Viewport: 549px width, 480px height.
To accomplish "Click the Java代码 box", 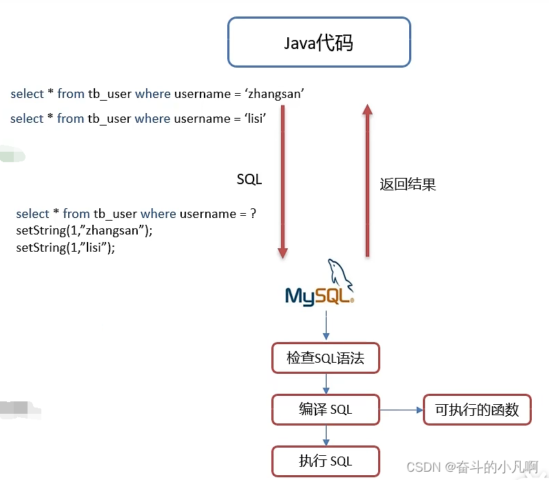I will tap(319, 43).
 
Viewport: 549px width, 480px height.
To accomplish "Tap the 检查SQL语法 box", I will tap(325, 359).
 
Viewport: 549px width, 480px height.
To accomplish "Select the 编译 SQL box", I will tap(325, 410).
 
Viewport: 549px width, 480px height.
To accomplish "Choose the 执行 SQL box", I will tap(325, 461).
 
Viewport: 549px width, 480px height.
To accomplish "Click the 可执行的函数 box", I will tap(477, 410).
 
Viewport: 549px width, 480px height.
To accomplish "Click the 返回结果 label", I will tap(408, 185).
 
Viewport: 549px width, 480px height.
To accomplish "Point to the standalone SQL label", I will tap(249, 179).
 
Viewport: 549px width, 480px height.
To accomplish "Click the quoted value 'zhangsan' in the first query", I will tap(275, 94).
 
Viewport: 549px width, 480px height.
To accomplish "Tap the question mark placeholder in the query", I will tap(253, 214).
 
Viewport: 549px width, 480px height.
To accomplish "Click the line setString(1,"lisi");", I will tap(65, 247).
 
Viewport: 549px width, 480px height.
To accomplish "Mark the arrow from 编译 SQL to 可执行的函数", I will tap(401, 410).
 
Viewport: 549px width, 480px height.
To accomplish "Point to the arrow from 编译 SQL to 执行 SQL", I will tap(326, 435).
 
